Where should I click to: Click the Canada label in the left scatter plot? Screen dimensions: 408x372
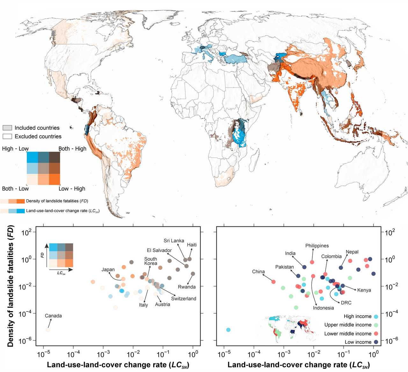(53, 316)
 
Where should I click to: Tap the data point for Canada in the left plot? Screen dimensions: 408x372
(47, 330)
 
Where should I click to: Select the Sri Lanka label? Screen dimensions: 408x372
(174, 241)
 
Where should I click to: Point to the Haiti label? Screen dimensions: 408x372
(192, 245)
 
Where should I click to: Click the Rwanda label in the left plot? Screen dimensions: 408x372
(187, 287)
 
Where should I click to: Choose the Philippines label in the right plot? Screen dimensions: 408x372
(317, 246)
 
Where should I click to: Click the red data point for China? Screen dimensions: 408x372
(273, 282)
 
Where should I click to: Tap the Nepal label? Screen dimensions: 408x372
(352, 252)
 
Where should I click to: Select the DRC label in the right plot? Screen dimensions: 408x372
(346, 303)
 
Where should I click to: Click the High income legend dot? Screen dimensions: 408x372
(376, 316)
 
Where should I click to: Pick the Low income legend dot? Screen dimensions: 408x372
(376, 342)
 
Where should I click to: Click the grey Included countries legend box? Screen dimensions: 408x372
(7, 128)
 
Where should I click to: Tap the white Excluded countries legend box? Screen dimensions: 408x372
(7, 136)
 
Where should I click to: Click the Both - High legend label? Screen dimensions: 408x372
(72, 149)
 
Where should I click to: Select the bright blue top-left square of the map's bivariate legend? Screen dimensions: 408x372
(32, 157)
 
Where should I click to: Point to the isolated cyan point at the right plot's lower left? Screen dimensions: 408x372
(229, 330)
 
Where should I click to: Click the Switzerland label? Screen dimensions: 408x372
(184, 299)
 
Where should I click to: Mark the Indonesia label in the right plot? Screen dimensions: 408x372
(324, 308)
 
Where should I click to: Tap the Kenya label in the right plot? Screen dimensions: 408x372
(364, 290)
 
